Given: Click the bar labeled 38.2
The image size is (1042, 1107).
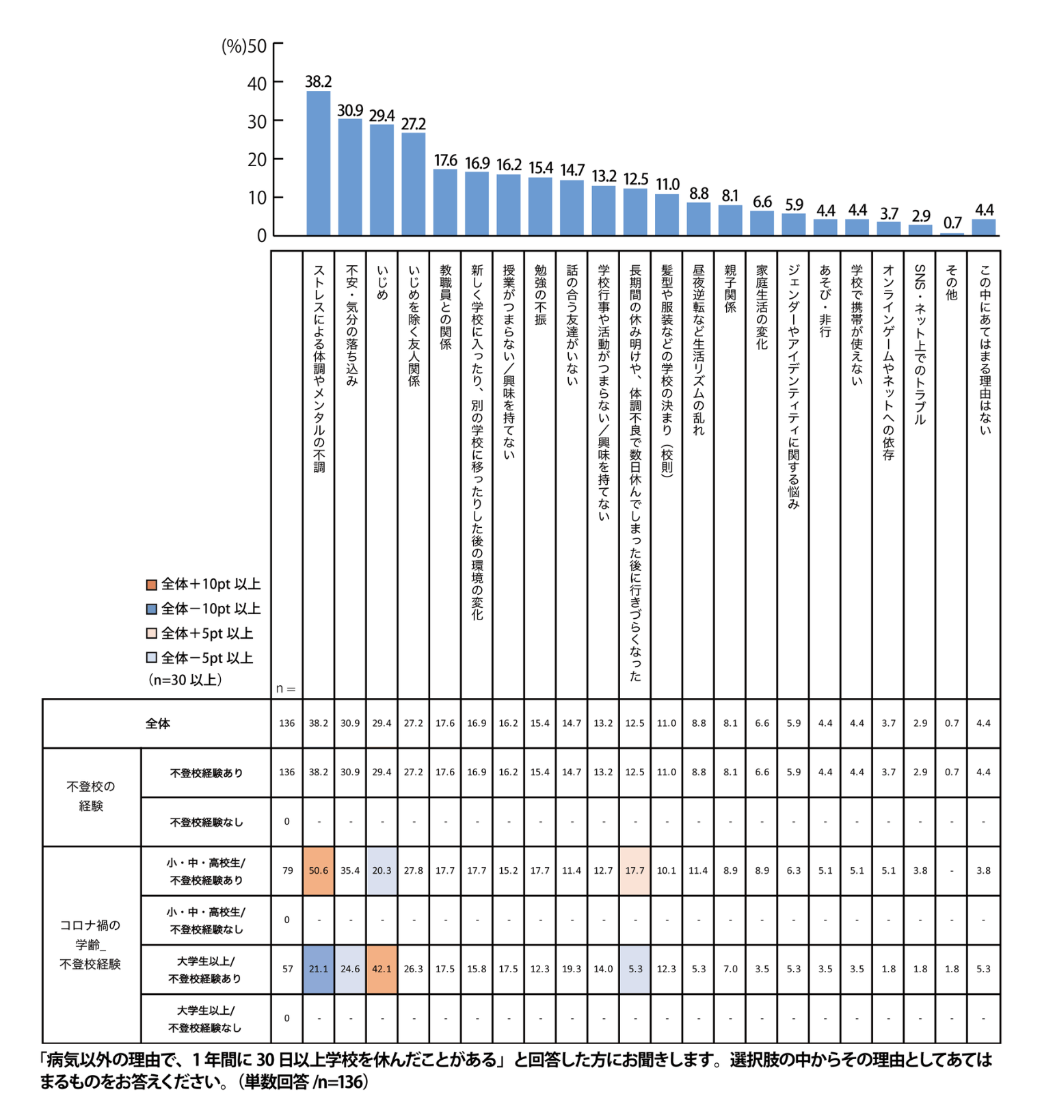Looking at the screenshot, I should pos(319,163).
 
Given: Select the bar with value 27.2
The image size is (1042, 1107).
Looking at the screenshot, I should pos(414,184).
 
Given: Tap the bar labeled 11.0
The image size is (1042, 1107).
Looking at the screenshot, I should pos(667,215).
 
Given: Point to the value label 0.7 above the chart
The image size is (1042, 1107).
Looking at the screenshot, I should pos(952,223).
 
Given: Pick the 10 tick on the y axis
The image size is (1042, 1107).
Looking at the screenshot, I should pos(257,198).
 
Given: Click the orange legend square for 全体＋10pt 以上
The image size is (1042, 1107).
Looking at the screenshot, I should pos(152,585).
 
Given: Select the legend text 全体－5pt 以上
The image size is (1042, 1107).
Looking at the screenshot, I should pos(207,658).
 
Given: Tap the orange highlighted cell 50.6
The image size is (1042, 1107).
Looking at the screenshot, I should pos(319,870).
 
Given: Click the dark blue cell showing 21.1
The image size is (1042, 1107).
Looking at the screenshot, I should pos(319,969).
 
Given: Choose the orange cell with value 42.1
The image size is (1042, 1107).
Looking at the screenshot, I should pos(382,969).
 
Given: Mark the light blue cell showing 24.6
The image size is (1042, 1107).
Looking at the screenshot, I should pos(350,969).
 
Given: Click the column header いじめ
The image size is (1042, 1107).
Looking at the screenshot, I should pos(382,282).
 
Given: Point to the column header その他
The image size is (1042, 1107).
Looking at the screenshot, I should pos(952,282).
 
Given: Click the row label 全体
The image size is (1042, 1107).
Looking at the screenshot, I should pos(157,723).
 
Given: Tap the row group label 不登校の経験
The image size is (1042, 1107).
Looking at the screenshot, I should pos(91,797).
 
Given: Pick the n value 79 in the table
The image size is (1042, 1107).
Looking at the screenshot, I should pos(287,870).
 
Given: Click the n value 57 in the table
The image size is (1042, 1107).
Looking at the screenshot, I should pos(287,969).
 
